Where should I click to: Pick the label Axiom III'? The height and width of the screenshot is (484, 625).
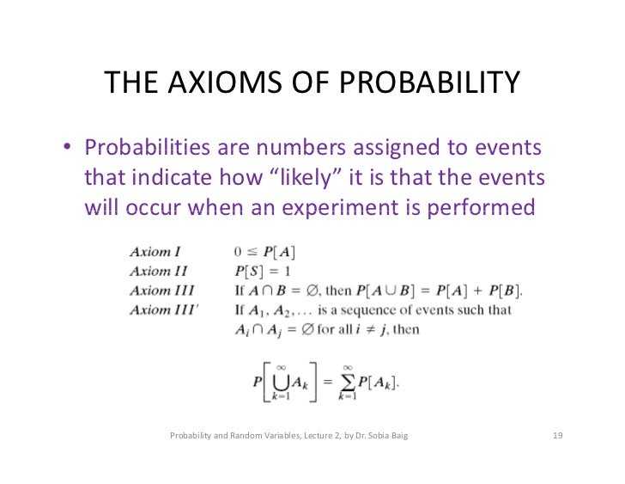(x=164, y=309)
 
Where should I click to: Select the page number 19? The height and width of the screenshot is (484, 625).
(x=556, y=437)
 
